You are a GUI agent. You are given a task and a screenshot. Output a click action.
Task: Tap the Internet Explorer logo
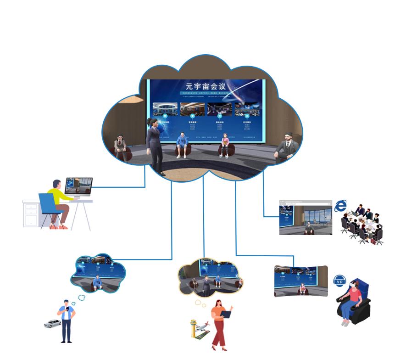point(340,205)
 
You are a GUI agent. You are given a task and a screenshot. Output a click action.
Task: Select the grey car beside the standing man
point(52,323)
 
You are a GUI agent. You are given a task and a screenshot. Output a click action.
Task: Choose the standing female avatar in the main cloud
point(154,145)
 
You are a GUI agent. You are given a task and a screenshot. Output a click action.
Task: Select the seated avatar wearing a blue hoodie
point(182,144)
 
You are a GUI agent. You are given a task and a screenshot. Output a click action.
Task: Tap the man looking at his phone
point(67,321)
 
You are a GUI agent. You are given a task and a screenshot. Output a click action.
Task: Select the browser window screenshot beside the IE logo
point(306,218)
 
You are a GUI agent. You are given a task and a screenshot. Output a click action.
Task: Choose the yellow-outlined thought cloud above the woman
point(208,277)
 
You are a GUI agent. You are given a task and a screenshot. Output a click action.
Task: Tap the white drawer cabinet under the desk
point(31,214)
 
